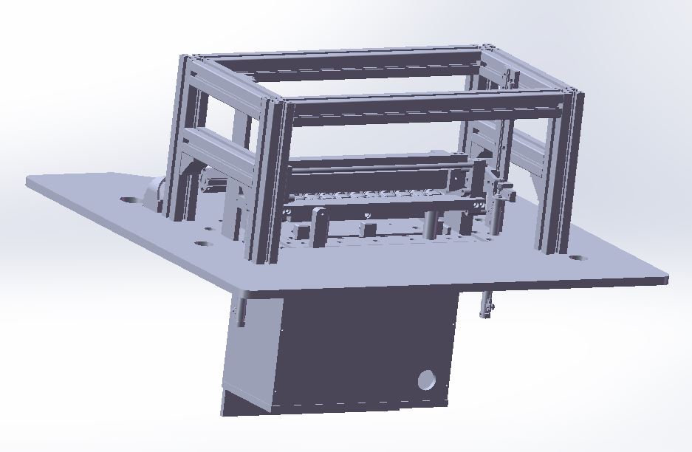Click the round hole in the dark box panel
point(427,380)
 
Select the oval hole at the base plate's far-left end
point(129,199)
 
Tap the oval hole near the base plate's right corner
point(576,259)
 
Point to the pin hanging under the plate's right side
point(486,304)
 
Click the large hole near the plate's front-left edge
point(201,244)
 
